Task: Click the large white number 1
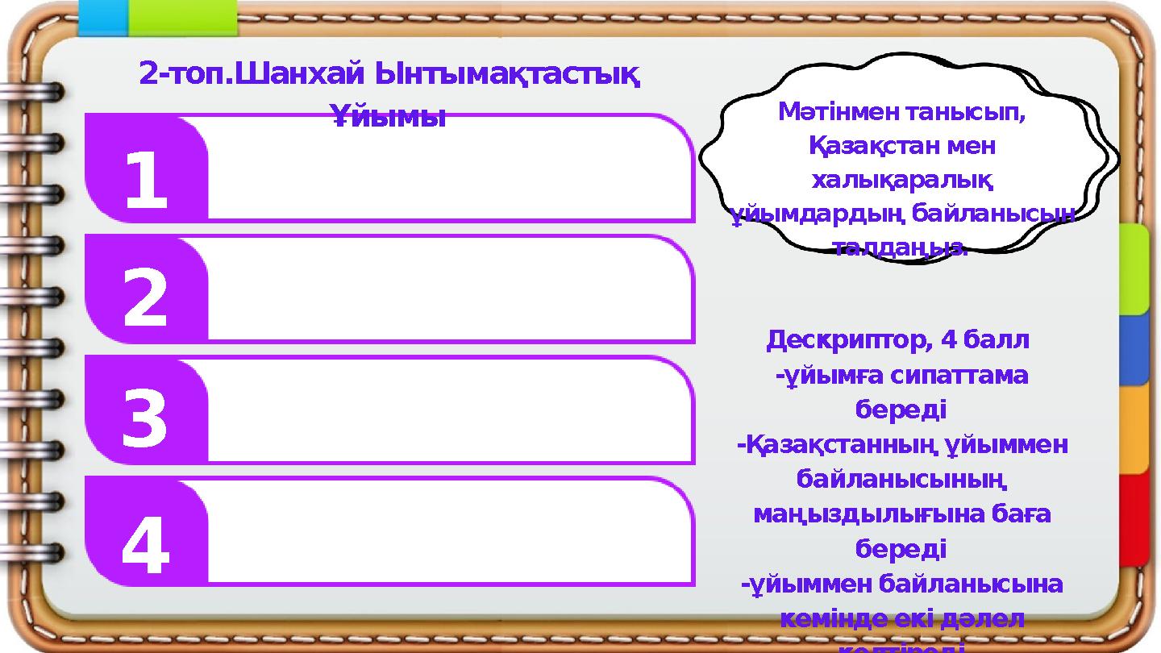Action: click(x=146, y=181)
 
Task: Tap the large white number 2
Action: click(x=146, y=299)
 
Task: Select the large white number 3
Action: click(x=145, y=420)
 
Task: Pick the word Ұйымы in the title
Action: click(x=389, y=118)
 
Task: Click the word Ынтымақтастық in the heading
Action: click(x=509, y=75)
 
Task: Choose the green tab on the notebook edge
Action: click(x=1133, y=269)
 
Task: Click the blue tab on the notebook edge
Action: click(x=1133, y=349)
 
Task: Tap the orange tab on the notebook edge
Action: click(x=1133, y=430)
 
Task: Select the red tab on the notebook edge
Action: click(x=1133, y=519)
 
